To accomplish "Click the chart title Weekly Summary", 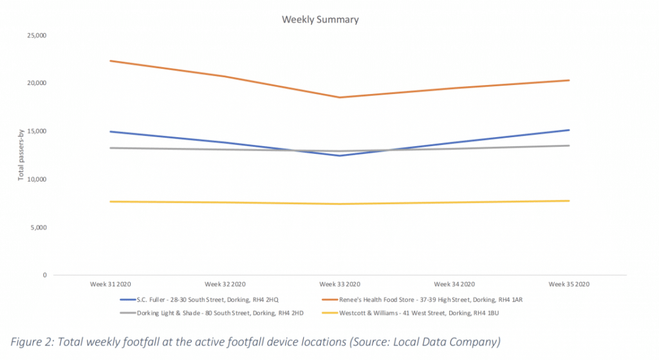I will (x=320, y=19).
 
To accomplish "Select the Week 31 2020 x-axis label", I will (x=111, y=284).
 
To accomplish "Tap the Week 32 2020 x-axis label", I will (x=225, y=284).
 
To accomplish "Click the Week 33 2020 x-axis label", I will (x=340, y=284).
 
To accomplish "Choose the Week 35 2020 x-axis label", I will (x=568, y=284).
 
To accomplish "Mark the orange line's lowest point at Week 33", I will (x=340, y=97).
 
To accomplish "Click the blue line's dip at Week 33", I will (x=340, y=155).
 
